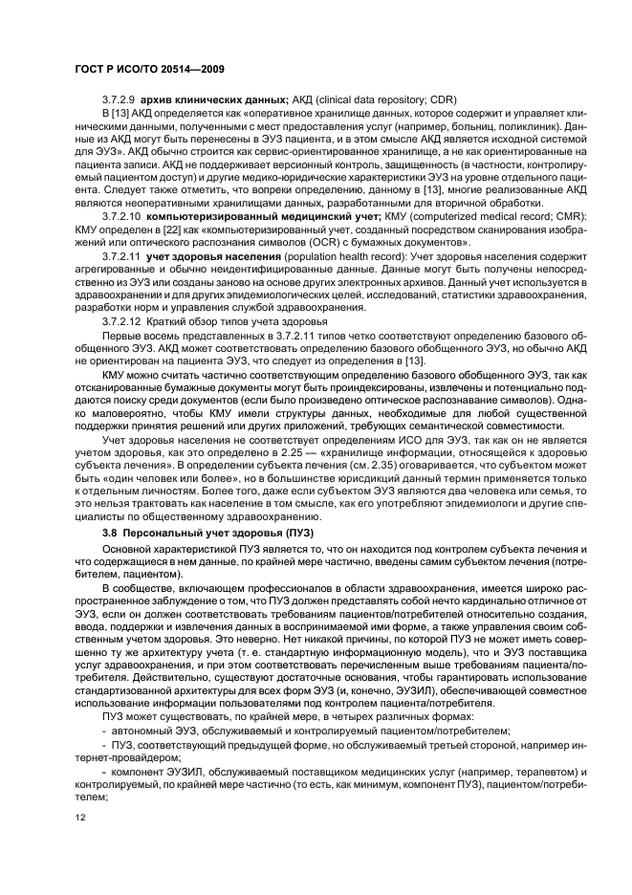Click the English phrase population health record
343,256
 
